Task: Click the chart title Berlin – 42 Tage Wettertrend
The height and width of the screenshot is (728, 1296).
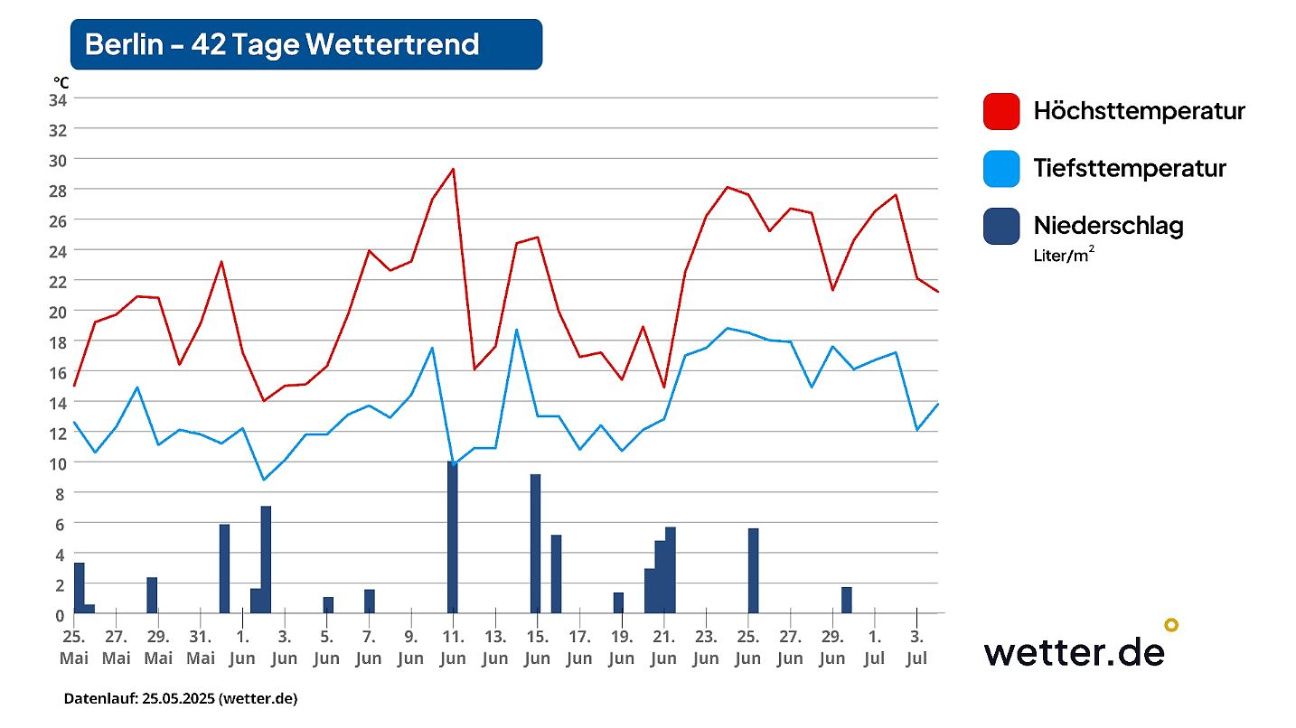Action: click(282, 44)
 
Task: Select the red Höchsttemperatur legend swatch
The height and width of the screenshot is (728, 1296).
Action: click(1000, 112)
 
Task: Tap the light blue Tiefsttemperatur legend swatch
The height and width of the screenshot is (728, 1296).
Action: click(1000, 169)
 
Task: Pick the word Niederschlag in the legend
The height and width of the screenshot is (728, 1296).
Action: click(1108, 225)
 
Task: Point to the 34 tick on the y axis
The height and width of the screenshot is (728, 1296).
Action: click(58, 99)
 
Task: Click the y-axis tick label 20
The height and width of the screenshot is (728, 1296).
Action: click(58, 312)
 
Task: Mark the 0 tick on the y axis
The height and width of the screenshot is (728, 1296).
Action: click(61, 615)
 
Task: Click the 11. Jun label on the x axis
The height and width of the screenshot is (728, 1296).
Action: click(453, 646)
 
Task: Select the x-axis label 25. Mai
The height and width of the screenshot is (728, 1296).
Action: click(74, 646)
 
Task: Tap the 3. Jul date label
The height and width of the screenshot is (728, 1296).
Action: click(916, 646)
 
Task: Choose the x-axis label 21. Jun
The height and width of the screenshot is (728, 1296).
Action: click(663, 646)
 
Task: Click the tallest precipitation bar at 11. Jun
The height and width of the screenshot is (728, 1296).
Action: click(452, 537)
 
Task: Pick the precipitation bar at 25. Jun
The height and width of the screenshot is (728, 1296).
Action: click(753, 571)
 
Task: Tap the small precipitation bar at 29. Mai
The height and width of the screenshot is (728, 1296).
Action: click(152, 595)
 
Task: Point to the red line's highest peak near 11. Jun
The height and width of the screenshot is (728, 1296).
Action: click(453, 169)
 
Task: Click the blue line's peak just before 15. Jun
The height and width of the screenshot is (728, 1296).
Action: click(516, 330)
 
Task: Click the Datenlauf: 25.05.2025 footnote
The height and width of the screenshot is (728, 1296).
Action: click(181, 699)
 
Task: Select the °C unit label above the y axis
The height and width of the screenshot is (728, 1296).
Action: click(61, 83)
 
